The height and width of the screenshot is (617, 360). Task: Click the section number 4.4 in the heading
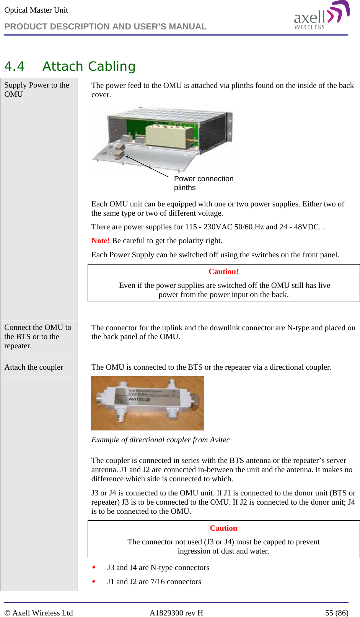pyautogui.click(x=15, y=67)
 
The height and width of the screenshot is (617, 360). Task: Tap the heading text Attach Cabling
pyautogui.click(x=89, y=67)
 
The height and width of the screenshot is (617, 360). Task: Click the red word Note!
pyautogui.click(x=101, y=241)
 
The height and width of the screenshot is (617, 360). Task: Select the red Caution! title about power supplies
pyautogui.click(x=223, y=272)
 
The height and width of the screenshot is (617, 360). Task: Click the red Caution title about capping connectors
pyautogui.click(x=223, y=528)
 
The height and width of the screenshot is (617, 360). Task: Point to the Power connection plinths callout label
pyautogui.click(x=203, y=183)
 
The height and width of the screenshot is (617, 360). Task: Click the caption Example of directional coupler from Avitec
pyautogui.click(x=160, y=440)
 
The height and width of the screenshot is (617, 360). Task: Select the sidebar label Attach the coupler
pyautogui.click(x=34, y=367)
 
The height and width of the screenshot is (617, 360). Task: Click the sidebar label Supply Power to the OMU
pyautogui.click(x=36, y=90)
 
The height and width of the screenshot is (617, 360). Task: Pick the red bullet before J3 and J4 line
pyautogui.click(x=94, y=567)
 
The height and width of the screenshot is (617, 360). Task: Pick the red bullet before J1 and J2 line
pyautogui.click(x=94, y=581)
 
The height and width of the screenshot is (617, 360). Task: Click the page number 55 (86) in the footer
pyautogui.click(x=337, y=613)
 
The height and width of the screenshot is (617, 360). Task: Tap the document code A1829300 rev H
pyautogui.click(x=176, y=613)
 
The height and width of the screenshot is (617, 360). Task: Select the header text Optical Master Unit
pyautogui.click(x=36, y=10)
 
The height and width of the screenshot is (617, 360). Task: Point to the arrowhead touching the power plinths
pyautogui.click(x=128, y=157)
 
